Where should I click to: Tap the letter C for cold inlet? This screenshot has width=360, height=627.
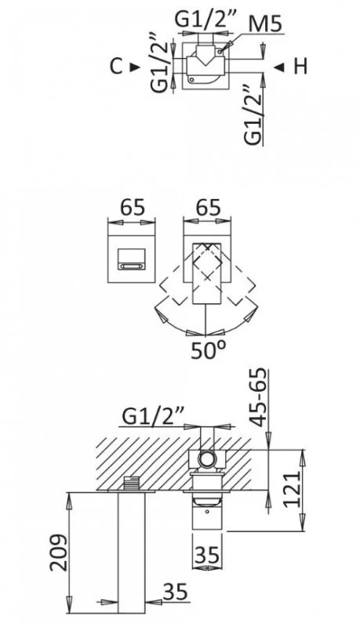click(x=116, y=66)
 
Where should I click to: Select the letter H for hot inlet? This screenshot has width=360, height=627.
click(x=301, y=67)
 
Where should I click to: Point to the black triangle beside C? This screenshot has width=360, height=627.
click(x=135, y=67)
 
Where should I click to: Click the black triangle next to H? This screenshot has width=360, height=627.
click(x=279, y=67)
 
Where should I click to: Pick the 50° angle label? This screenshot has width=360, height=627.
click(x=209, y=350)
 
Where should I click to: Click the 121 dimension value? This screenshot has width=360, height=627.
click(x=292, y=489)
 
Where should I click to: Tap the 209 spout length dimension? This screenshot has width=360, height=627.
click(x=59, y=553)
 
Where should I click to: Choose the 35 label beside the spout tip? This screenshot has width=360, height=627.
click(x=175, y=592)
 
